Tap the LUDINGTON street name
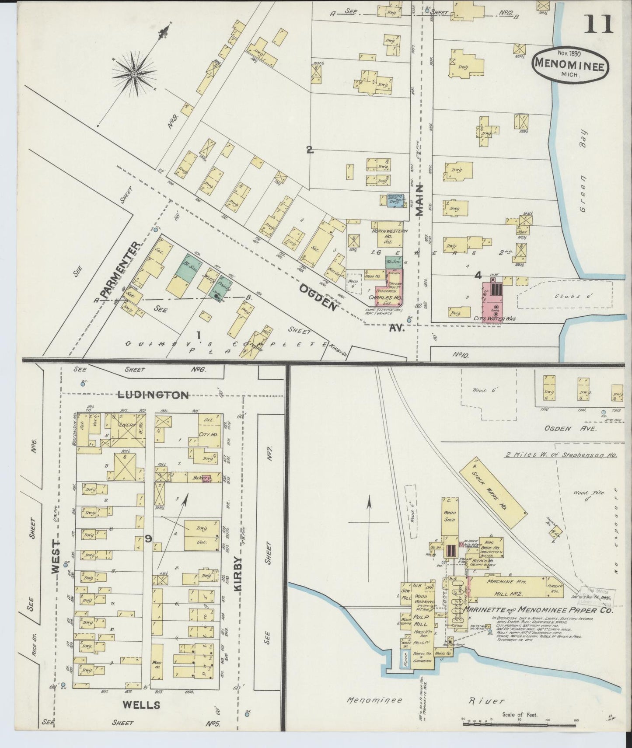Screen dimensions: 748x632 153,395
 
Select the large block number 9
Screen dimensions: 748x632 148,538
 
